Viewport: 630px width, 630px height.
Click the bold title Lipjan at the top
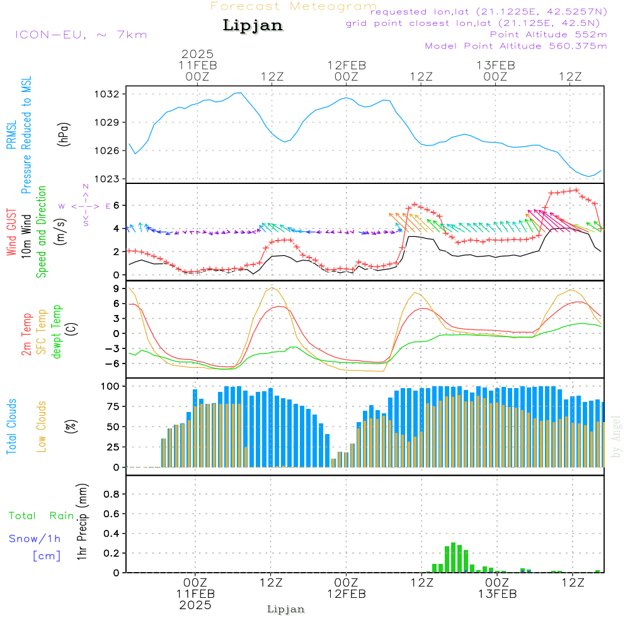253,26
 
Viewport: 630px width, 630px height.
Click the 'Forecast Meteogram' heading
294,6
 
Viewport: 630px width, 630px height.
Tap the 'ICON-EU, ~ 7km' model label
81,34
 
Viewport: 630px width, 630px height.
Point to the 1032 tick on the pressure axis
108,94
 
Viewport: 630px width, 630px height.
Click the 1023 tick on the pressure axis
108,179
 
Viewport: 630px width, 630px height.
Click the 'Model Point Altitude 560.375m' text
516,46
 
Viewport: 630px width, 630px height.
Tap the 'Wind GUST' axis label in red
11,231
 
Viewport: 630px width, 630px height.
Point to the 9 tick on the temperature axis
115,289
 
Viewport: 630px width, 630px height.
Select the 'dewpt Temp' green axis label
56,332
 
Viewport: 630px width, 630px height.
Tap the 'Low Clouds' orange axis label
42,426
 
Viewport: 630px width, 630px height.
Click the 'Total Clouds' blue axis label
11,426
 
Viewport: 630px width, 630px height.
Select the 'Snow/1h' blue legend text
35,539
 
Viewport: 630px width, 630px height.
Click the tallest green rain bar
453,557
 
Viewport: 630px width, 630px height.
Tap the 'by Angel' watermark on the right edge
616,437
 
